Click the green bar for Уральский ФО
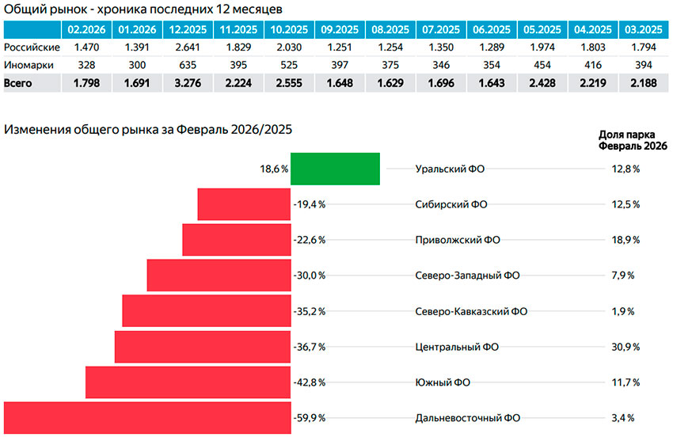coord(336,169)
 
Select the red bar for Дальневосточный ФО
coord(147,417)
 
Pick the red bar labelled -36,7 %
coord(203,347)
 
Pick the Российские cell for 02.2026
coord(86,48)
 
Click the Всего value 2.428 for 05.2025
coord(539,83)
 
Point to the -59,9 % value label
coord(310,418)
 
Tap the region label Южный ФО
coord(443,382)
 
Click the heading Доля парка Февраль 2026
coord(633,140)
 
